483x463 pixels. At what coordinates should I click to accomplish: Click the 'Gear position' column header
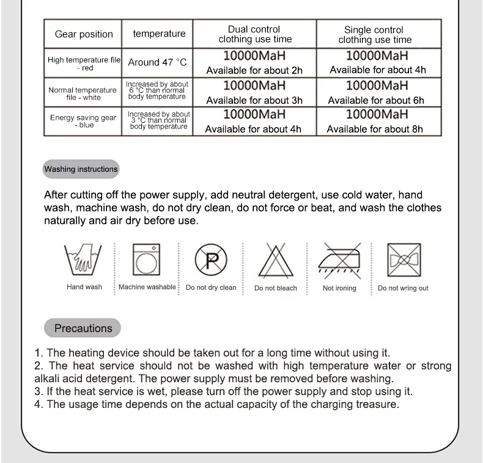84,34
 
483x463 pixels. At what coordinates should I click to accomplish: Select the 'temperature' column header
159,34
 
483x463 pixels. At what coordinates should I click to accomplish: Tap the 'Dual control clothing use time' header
255,34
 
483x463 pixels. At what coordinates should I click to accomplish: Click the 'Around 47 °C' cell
157,63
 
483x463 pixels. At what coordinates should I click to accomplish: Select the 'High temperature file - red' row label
84,64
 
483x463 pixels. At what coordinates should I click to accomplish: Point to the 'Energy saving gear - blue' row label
84,121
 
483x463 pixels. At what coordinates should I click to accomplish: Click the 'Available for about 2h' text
254,70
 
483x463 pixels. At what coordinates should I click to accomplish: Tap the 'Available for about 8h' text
375,129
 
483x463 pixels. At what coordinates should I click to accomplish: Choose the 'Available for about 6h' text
375,100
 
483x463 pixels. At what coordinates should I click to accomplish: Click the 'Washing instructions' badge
81,169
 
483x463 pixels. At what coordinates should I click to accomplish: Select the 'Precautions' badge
83,328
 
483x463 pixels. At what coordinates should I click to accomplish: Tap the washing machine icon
147,260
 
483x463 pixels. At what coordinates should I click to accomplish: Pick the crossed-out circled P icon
211,260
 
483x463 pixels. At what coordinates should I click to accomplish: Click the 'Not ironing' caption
339,288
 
